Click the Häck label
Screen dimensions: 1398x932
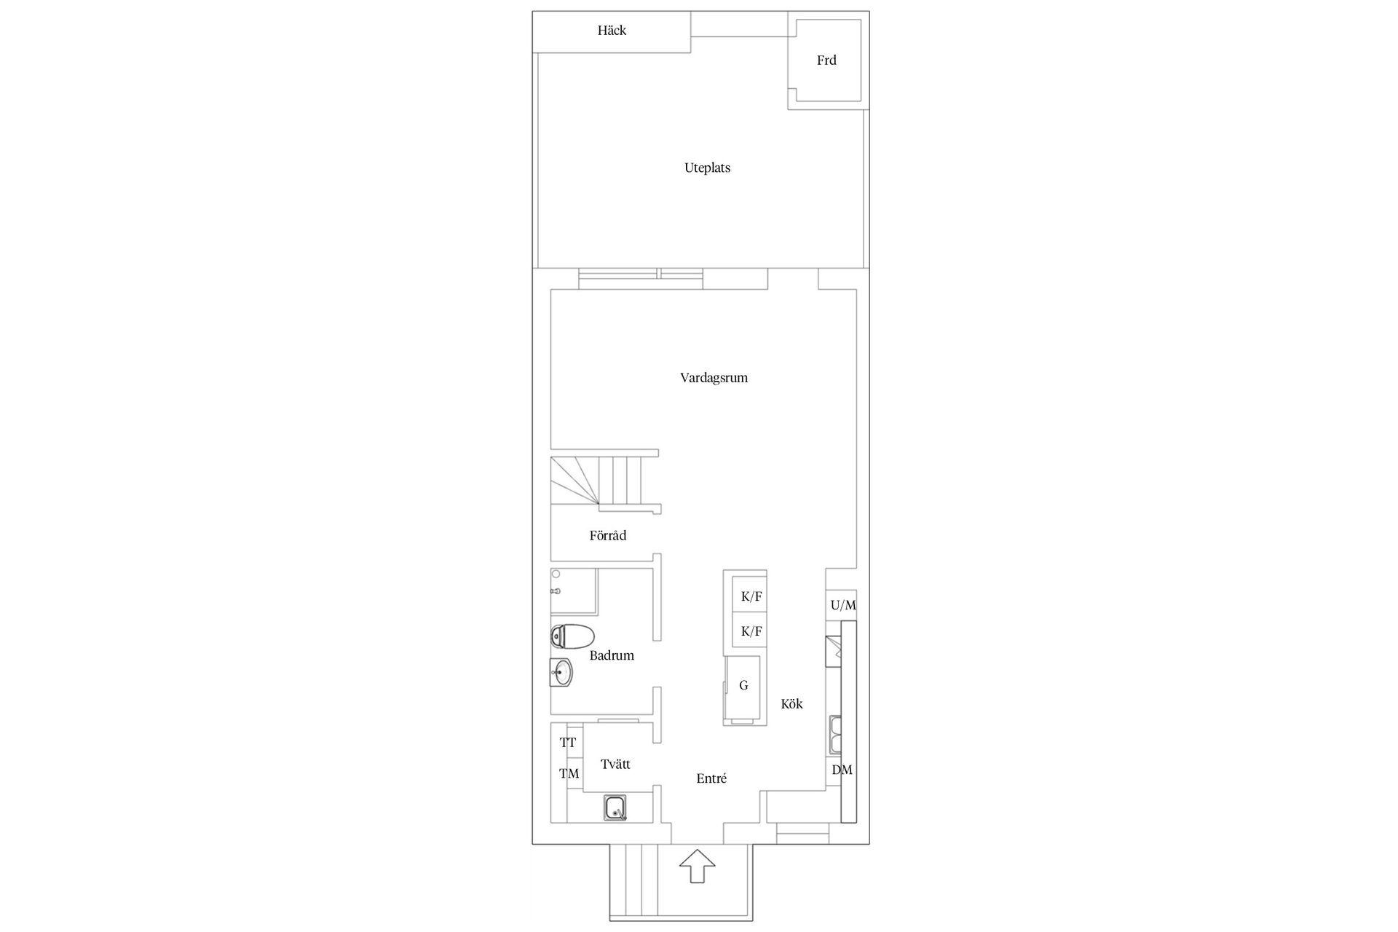click(x=612, y=31)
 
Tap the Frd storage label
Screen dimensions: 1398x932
click(x=826, y=60)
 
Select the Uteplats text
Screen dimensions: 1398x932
click(x=707, y=168)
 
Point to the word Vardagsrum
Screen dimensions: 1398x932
click(x=714, y=378)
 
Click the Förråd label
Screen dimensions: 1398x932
click(x=608, y=536)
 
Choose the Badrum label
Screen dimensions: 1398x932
click(x=612, y=655)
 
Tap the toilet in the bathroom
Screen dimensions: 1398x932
click(x=572, y=636)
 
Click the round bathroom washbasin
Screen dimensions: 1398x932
click(x=561, y=672)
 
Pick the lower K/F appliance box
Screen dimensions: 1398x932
click(x=750, y=631)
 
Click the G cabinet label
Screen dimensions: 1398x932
click(x=743, y=685)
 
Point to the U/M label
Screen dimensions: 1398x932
click(x=843, y=605)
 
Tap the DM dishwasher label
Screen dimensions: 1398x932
click(x=842, y=770)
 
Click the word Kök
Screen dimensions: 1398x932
click(x=791, y=704)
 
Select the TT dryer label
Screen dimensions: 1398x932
click(x=568, y=743)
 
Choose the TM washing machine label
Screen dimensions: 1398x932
click(x=569, y=773)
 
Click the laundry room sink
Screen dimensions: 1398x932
click(x=616, y=808)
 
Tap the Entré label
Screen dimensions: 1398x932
click(x=711, y=778)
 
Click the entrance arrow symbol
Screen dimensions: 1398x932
click(x=698, y=866)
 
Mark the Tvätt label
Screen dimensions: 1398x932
click(x=615, y=765)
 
